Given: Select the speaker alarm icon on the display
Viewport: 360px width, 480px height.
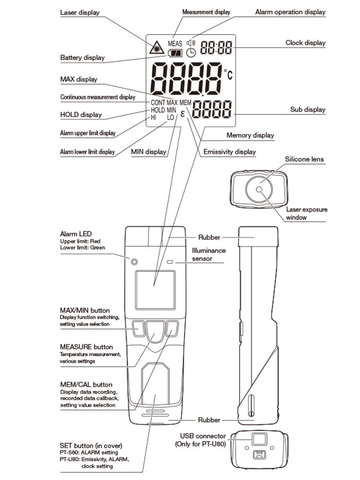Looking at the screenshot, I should [192, 43].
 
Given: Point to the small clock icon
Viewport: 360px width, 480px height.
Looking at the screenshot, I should [191, 52].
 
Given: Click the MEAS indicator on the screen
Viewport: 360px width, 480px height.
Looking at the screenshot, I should [175, 43].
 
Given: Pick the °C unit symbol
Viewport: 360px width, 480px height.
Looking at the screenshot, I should [228, 74].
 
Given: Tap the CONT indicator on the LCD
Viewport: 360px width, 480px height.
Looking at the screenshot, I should [158, 103].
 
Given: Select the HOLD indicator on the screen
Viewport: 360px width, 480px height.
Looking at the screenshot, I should [158, 110].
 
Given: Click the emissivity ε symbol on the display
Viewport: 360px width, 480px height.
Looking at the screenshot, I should [183, 114].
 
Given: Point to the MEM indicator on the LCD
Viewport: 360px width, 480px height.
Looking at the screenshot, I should [186, 103].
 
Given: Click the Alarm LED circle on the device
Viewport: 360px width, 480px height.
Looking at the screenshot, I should [134, 262].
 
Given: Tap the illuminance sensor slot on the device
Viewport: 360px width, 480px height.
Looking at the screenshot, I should [170, 262].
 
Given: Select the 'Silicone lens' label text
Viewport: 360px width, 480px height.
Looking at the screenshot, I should [304, 159].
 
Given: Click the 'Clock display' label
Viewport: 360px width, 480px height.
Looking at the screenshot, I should [305, 43].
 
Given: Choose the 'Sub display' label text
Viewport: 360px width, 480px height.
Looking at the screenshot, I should [308, 109].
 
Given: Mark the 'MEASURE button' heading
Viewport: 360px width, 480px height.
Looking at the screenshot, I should [86, 347].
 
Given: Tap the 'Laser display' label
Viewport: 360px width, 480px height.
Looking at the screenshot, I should [80, 12].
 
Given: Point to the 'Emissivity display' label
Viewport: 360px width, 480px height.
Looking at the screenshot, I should [229, 152].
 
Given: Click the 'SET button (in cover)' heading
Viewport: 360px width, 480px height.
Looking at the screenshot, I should [95, 445].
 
